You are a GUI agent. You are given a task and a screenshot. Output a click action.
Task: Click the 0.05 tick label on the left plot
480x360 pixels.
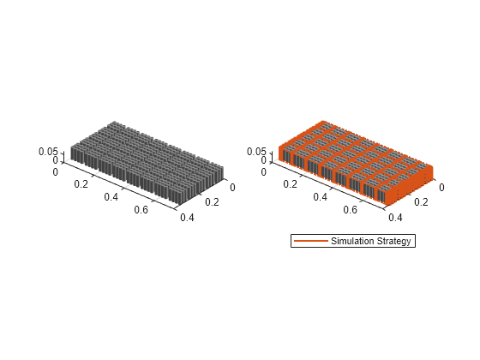[48, 152]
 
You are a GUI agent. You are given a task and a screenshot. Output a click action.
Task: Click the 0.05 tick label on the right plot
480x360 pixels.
[256, 152]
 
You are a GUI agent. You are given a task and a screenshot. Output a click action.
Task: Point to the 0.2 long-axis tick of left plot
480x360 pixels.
[81, 184]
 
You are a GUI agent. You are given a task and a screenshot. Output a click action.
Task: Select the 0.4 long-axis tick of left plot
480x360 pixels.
[111, 197]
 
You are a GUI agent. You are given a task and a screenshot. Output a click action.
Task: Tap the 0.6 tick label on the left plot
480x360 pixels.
[141, 210]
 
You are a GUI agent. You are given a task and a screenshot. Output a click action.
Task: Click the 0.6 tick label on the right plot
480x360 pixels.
[351, 210]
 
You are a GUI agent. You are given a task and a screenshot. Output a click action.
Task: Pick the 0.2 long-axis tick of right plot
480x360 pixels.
[291, 184]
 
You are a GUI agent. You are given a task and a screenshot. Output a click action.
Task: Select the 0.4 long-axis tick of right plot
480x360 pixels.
[321, 197]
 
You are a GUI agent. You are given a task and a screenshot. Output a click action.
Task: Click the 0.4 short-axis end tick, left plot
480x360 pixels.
[187, 218]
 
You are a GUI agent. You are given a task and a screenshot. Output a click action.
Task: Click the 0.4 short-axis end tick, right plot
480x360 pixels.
[395, 218]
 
